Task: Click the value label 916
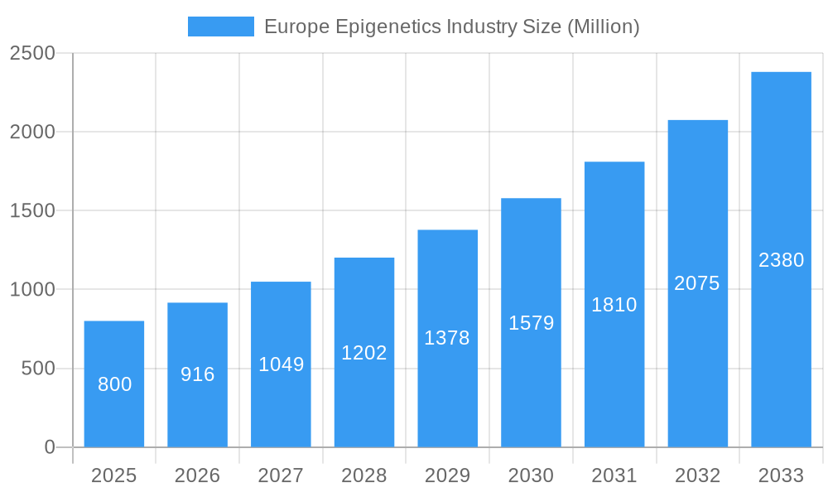coord(198,374)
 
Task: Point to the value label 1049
coord(282,364)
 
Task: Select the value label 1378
coord(447,338)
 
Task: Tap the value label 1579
coord(531,323)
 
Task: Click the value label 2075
coord(697,283)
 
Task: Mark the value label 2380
coord(781,260)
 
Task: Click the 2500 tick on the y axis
coord(32,53)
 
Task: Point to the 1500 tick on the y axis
coord(32,211)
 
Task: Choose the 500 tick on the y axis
coord(38,369)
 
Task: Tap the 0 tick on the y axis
coord(50,447)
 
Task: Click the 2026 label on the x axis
coord(198,475)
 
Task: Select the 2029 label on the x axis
coord(447,475)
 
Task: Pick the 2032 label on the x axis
coord(697,475)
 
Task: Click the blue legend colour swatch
coord(221,27)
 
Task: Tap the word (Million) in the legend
coord(603,27)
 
